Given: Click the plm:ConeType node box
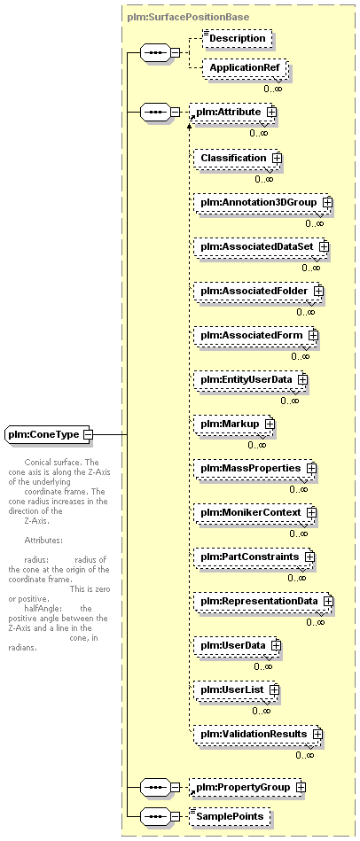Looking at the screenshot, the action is (49, 434).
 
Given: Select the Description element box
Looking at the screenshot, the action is (238, 39).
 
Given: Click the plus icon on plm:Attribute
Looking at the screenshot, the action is (271, 112).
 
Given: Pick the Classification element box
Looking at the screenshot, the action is (237, 159).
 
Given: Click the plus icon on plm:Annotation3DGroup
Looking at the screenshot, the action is (327, 203).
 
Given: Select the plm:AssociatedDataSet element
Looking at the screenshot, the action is (260, 246).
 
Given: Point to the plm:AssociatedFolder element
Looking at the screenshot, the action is (257, 291).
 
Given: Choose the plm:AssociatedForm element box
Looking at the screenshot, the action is (254, 335).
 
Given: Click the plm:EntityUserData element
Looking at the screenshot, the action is (249, 379).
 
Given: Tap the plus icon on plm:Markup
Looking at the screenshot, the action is (270, 424).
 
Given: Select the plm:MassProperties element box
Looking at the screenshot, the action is (254, 468).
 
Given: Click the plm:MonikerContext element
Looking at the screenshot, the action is (254, 512).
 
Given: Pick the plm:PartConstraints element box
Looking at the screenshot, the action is (254, 557).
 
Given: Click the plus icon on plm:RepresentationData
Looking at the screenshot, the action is (328, 601).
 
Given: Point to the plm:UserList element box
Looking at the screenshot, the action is (236, 689).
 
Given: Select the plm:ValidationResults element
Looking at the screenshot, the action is (257, 734).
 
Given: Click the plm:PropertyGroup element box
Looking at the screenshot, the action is (249, 787).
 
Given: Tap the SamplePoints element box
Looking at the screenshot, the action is (231, 817).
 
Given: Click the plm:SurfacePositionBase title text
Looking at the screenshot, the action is (188, 17).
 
